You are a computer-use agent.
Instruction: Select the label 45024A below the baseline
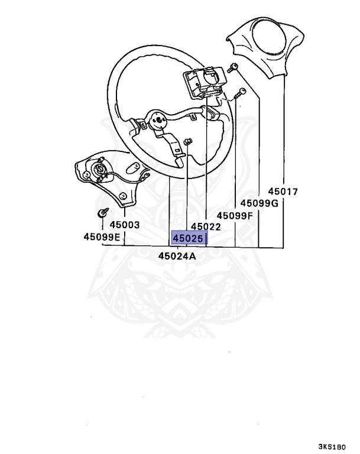click(x=177, y=256)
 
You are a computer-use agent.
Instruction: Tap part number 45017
click(x=283, y=192)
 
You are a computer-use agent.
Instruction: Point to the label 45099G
click(x=259, y=203)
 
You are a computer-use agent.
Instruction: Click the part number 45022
click(x=206, y=226)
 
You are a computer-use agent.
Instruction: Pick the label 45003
click(x=124, y=225)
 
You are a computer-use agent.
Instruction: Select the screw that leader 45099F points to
click(x=241, y=92)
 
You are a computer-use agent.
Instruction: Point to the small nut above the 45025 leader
click(x=187, y=141)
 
